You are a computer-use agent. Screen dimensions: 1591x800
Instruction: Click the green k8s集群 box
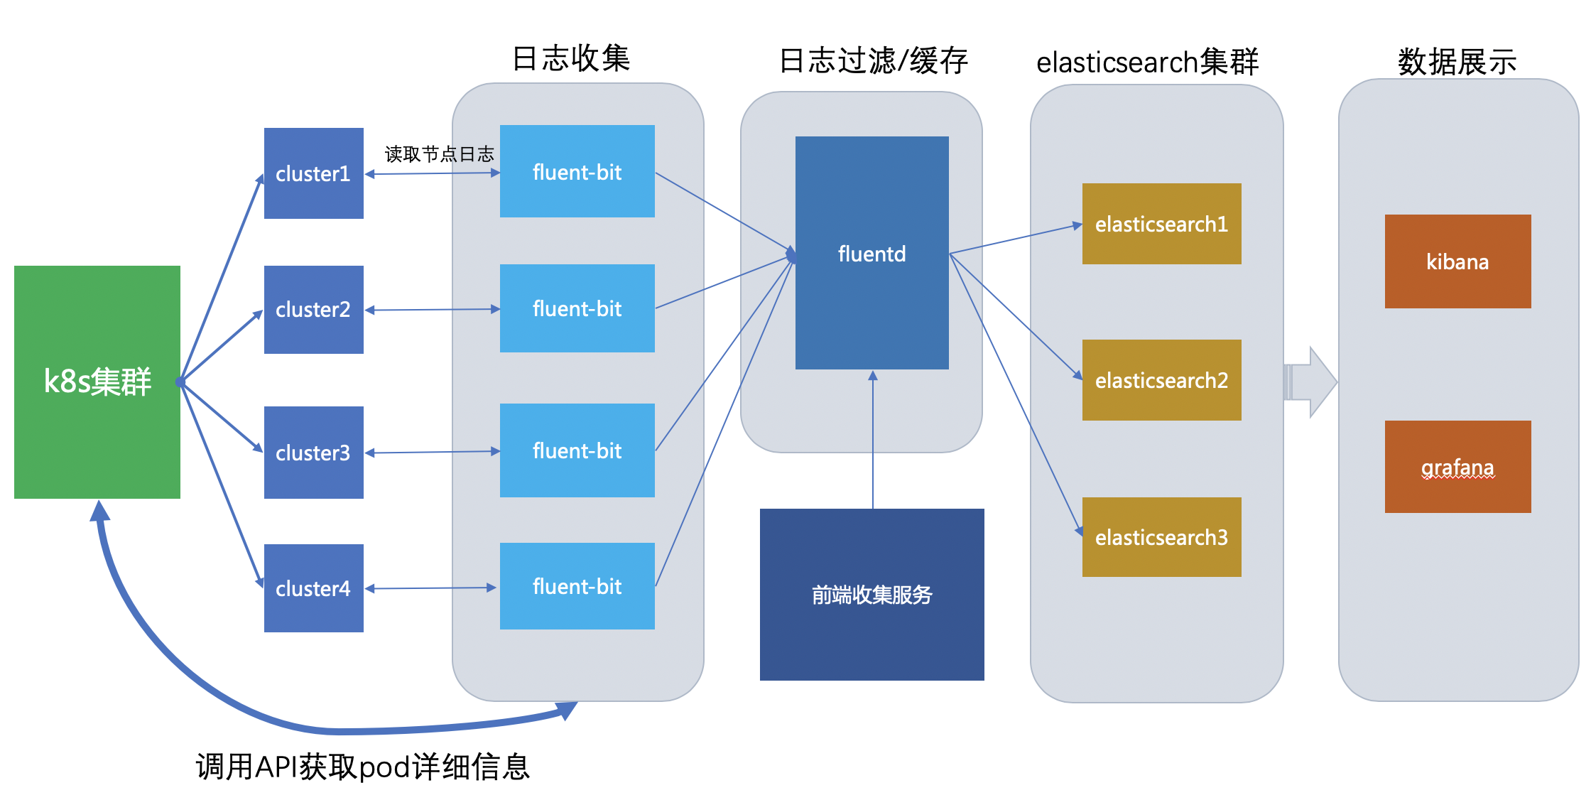click(x=97, y=382)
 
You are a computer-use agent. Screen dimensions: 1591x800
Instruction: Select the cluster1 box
click(x=314, y=173)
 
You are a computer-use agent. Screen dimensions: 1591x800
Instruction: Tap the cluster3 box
click(x=314, y=453)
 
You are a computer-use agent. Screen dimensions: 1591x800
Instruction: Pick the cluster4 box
click(x=314, y=588)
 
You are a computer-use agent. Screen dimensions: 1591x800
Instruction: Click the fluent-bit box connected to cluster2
click(x=577, y=308)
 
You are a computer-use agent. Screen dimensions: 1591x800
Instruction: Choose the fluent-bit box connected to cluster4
click(x=577, y=586)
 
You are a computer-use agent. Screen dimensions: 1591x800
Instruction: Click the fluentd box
click(x=872, y=253)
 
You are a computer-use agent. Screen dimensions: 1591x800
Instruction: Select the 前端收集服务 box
click(x=872, y=595)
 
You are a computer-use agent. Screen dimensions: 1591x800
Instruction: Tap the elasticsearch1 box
click(x=1162, y=224)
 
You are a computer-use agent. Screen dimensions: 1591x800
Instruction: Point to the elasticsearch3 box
click(x=1162, y=537)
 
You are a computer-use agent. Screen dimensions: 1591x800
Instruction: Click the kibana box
click(x=1458, y=261)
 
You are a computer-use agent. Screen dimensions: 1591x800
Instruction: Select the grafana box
click(x=1458, y=467)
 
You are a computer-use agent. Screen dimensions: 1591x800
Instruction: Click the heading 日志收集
click(x=571, y=58)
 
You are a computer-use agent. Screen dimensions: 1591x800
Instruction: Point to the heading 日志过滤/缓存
click(x=874, y=61)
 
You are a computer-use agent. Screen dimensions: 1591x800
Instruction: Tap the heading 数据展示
click(x=1457, y=62)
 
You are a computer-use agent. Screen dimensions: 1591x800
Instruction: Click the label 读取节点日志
click(x=439, y=154)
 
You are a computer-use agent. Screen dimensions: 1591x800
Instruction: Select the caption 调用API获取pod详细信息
click(x=363, y=767)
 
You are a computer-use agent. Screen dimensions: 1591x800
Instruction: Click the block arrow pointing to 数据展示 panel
click(x=1311, y=382)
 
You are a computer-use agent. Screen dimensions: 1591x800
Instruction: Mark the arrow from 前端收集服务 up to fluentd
click(x=873, y=440)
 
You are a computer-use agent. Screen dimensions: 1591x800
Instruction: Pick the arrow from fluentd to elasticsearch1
click(x=1016, y=239)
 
